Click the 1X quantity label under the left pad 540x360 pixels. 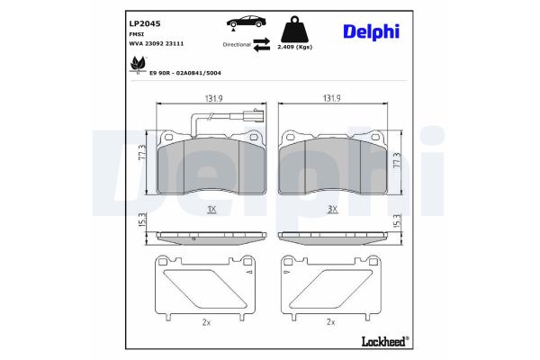[211, 209]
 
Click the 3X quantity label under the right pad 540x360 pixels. [332, 209]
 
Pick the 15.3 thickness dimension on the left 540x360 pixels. [141, 221]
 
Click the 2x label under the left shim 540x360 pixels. [207, 321]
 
